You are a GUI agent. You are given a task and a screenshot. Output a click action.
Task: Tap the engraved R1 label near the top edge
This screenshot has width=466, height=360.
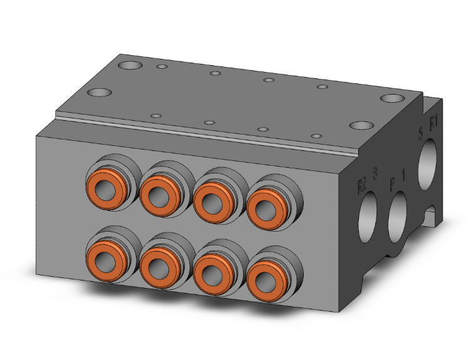[x=433, y=119]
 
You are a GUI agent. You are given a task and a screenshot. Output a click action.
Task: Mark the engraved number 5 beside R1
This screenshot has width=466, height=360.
[x=421, y=131]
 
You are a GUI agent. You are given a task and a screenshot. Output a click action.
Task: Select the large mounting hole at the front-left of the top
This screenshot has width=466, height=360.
[x=99, y=93]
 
